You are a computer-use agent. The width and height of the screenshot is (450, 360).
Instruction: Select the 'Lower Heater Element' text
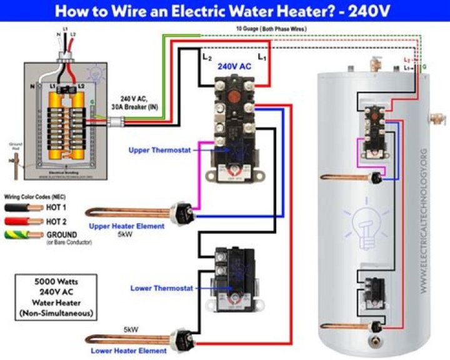(127, 351)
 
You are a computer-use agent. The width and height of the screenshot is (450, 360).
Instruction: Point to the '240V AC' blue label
(234, 65)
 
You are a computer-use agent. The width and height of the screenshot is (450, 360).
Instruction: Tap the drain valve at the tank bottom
(375, 342)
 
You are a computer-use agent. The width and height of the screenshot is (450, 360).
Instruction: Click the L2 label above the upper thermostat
(207, 57)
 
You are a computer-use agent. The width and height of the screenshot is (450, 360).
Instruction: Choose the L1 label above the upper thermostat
(262, 57)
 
